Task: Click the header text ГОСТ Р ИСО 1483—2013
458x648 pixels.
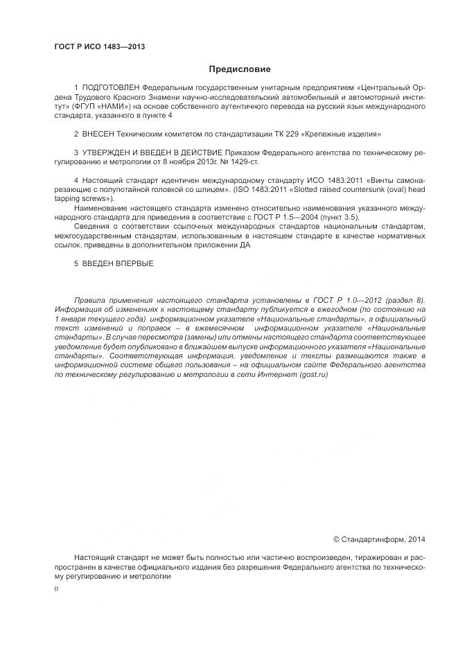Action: pyautogui.click(x=99, y=47)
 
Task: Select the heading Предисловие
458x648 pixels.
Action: pyautogui.click(x=240, y=69)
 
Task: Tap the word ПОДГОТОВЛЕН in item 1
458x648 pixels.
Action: pyautogui.click(x=111, y=89)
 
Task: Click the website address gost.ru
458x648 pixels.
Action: pyautogui.click(x=312, y=374)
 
